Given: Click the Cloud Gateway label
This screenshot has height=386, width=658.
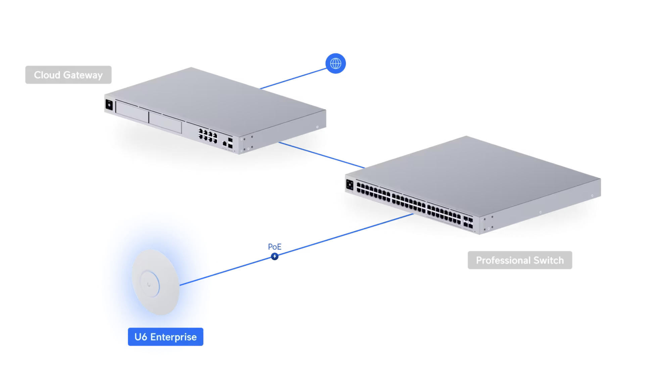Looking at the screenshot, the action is point(68,75).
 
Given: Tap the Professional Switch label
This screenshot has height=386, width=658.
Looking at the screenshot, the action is point(520,260).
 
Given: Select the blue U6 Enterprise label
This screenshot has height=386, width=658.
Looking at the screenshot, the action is point(166,337).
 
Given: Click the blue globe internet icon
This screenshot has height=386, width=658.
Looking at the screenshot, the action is point(335,63).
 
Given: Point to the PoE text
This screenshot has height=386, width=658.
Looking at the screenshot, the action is point(275,247).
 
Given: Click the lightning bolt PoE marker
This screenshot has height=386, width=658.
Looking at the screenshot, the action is point(275,257).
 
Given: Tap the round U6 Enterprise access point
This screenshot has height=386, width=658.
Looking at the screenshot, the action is point(155,282).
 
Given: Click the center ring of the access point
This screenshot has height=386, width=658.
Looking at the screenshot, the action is point(149,284).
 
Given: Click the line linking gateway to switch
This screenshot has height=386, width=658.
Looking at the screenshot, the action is point(322,155).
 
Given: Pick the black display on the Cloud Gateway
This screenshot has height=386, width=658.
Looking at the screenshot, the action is point(109,104).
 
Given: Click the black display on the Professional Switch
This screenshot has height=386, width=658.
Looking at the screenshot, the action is point(350,184).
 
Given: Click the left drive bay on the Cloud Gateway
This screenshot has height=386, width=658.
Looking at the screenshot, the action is point(132,111).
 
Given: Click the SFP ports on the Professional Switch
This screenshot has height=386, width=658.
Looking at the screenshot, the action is point(468,222).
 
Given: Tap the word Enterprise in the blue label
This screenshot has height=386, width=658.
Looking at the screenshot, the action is point(173,337).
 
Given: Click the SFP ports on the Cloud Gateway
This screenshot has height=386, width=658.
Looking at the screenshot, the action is point(230,143).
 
